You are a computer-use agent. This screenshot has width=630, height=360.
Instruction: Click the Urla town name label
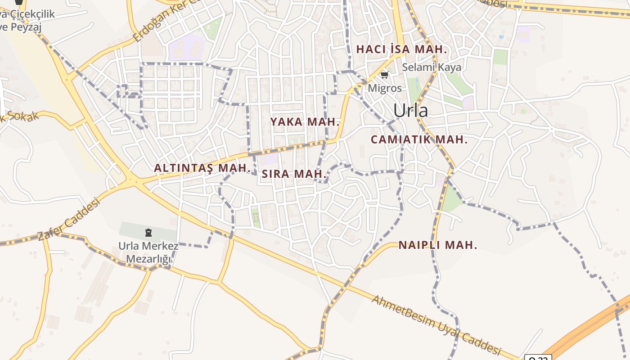click(410, 111)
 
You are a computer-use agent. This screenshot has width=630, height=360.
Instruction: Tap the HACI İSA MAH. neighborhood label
click(401, 49)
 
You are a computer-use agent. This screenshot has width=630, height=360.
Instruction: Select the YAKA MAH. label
click(305, 121)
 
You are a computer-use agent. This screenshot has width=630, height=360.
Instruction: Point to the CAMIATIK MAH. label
click(419, 139)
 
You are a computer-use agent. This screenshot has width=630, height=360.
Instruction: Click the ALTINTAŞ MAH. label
click(202, 168)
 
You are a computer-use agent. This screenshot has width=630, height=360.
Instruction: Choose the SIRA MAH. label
click(294, 174)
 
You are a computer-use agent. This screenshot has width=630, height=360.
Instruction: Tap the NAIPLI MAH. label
click(437, 245)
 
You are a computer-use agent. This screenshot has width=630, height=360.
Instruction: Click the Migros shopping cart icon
click(384, 75)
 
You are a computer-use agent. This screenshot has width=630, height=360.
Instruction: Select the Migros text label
click(385, 88)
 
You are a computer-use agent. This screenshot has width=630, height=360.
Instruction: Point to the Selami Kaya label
click(432, 67)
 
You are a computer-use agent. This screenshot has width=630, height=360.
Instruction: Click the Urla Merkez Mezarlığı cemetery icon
click(148, 233)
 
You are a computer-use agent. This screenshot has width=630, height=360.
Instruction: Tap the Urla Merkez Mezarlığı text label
click(148, 252)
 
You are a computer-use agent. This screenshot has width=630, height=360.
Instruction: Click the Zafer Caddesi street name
click(68, 220)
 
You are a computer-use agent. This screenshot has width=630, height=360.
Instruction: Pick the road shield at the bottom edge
click(538, 358)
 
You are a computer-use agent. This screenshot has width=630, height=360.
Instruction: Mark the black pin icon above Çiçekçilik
click(18, 3)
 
